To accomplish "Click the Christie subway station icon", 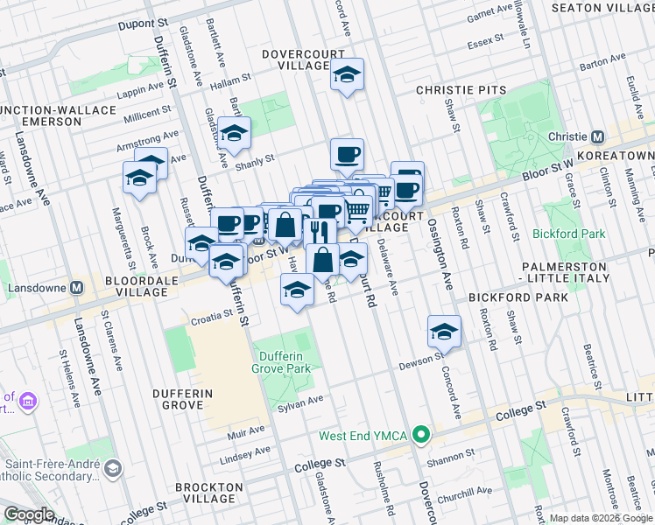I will tap(598, 137).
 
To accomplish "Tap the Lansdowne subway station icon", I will tap(77, 287).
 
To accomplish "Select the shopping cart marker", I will tap(356, 210).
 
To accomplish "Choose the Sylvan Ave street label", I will tap(301, 400).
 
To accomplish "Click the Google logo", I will tap(30, 514).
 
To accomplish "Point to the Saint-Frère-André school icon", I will tap(113, 470).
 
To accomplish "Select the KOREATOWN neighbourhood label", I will tap(628, 156).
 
